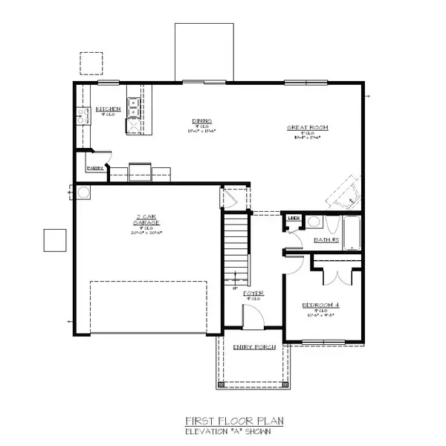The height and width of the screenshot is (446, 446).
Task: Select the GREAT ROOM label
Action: (308, 127)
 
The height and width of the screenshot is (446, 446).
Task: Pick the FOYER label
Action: (253, 293)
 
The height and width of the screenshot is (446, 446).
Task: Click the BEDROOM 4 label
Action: (320, 306)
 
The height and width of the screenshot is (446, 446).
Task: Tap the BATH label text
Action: (326, 240)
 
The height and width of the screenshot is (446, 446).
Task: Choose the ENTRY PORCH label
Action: (254, 347)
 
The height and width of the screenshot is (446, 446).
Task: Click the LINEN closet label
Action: (294, 219)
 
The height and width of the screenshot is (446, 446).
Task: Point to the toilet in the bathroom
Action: (332, 225)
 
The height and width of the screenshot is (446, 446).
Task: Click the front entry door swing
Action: (252, 320)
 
